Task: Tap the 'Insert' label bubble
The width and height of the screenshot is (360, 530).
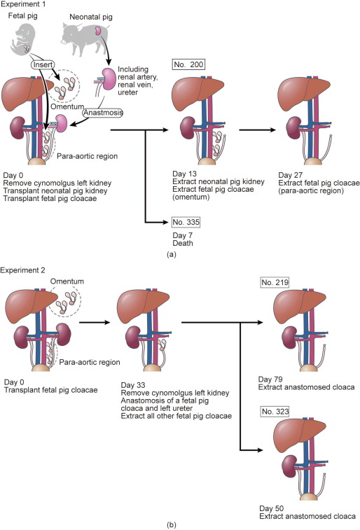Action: coord(43,64)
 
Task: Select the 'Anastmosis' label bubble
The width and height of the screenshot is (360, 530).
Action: coord(103,113)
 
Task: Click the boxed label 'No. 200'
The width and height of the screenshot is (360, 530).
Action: coord(188,64)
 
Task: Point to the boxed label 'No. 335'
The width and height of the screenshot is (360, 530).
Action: coord(186,222)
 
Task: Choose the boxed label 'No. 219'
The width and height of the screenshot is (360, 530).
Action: coord(275,282)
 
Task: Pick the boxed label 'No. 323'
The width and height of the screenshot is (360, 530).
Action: coord(275,412)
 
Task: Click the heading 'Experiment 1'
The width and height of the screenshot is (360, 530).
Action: coord(22,4)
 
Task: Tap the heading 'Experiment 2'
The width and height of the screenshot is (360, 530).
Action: coord(22,270)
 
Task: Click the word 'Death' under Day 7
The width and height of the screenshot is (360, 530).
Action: coord(183,243)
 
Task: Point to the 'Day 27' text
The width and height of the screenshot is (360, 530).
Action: coord(290,175)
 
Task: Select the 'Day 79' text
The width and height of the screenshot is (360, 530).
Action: coord(270,379)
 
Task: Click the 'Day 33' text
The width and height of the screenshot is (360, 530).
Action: coord(133,385)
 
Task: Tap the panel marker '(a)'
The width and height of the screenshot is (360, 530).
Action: coord(172,255)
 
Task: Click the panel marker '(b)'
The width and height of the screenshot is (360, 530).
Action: coord(172,525)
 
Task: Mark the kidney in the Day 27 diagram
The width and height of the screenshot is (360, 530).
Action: coord(293,127)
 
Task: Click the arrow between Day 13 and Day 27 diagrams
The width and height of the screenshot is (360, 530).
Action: coord(257,130)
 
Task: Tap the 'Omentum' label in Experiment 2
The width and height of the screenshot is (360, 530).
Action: coord(67,281)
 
